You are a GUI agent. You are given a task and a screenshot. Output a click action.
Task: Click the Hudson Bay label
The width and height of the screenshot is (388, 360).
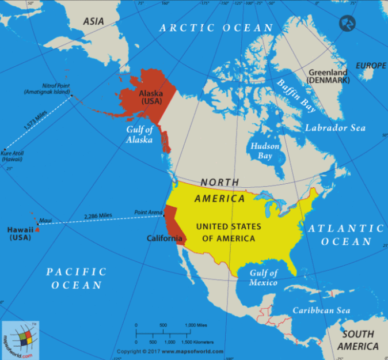tap(265, 151)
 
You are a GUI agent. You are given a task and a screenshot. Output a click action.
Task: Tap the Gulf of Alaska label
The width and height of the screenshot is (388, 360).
tap(139, 134)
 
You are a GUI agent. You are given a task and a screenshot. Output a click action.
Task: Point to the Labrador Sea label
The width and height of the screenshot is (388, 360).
tap(335, 127)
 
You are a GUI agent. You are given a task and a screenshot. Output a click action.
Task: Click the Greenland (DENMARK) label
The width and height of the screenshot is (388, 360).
tap(329, 77)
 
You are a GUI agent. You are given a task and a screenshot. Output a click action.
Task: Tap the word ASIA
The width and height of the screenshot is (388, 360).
tap(94, 21)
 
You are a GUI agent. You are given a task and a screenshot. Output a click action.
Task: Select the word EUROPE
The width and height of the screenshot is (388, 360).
tap(371, 66)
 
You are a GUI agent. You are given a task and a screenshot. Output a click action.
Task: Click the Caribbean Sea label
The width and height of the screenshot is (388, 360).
tap(321, 310)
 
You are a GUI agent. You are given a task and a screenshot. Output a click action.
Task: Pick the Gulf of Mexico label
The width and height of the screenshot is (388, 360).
tap(263, 278)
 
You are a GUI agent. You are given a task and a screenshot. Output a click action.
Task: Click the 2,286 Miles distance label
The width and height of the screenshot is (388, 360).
tap(98, 217)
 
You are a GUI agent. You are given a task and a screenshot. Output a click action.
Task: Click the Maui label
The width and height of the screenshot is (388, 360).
tap(45, 220)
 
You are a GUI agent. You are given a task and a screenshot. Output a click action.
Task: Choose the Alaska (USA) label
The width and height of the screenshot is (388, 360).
tap(151, 97)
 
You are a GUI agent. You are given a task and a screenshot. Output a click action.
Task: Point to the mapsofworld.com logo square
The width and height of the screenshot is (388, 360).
tap(20, 339)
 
